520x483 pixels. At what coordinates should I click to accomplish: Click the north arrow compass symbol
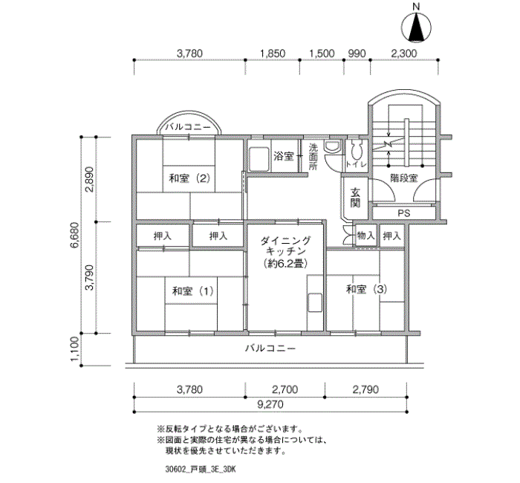(x=416, y=27)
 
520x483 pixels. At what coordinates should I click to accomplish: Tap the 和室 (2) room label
(x=189, y=178)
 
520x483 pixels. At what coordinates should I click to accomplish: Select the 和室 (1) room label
(x=192, y=291)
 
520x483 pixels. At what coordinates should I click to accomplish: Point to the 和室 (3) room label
(x=366, y=289)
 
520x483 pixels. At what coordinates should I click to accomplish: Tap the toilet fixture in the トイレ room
(x=356, y=150)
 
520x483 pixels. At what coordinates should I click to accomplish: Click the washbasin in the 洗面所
(x=333, y=146)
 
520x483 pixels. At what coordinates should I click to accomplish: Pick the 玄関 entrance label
(x=355, y=198)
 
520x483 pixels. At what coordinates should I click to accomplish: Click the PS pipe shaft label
(x=403, y=213)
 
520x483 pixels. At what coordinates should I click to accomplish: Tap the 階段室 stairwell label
(x=403, y=178)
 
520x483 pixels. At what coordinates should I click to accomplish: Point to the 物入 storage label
(x=365, y=236)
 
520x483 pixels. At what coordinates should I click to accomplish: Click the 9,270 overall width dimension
(x=270, y=404)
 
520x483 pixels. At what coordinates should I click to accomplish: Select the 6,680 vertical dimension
(x=74, y=235)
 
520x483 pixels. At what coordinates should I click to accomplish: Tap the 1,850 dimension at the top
(x=273, y=54)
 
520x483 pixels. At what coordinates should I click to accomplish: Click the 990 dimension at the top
(x=357, y=54)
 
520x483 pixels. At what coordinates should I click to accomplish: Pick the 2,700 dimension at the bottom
(x=285, y=389)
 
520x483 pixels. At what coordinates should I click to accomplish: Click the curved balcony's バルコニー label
(x=188, y=127)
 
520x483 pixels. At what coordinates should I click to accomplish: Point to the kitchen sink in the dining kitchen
(x=315, y=303)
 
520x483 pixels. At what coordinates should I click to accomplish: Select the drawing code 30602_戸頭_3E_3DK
(x=201, y=470)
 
